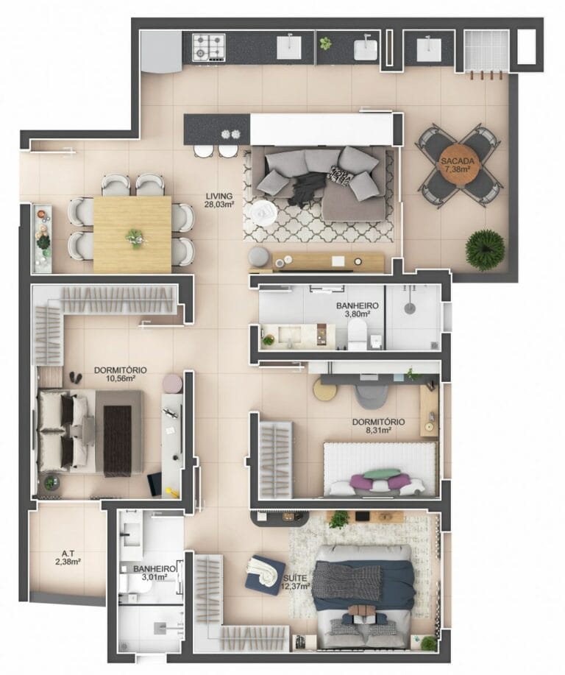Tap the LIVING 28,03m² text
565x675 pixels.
(x=219, y=200)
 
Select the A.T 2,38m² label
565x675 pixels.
(x=67, y=557)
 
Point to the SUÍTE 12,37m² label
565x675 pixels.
(x=296, y=584)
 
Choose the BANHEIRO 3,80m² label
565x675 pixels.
(x=357, y=310)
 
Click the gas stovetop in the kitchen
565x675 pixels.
(x=209, y=48)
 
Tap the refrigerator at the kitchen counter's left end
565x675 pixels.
(x=160, y=50)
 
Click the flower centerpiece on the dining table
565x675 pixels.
(x=135, y=237)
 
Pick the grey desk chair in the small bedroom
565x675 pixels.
(x=367, y=394)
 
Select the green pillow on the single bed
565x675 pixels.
(x=382, y=474)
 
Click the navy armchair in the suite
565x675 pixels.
(x=265, y=573)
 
